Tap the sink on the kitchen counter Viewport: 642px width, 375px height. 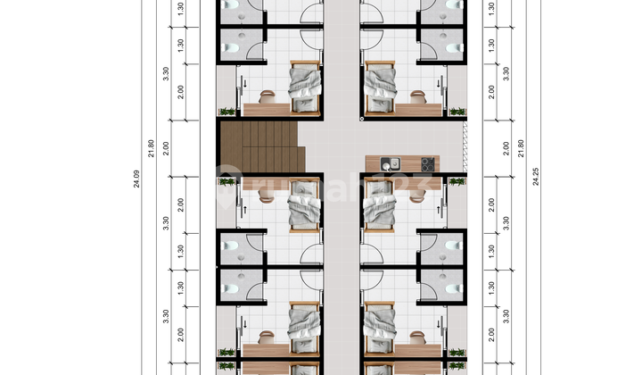pyautogui.click(x=389, y=163)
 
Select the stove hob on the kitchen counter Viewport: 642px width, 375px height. pyautogui.click(x=426, y=163)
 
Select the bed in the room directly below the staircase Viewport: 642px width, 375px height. pyautogui.click(x=304, y=211)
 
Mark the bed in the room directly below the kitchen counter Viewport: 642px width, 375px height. pyautogui.click(x=378, y=211)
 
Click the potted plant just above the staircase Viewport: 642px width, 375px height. pyautogui.click(x=226, y=112)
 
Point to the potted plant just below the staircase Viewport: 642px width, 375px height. pyautogui.click(x=226, y=182)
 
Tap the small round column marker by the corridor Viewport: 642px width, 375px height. pyautogui.click(x=361, y=117)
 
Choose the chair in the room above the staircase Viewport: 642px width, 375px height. pyautogui.click(x=267, y=93)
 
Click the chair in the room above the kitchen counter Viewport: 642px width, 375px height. pyautogui.click(x=416, y=93)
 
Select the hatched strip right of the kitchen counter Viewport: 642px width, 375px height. pyautogui.click(x=463, y=147)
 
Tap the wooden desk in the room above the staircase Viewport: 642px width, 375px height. pyautogui.click(x=262, y=110)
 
